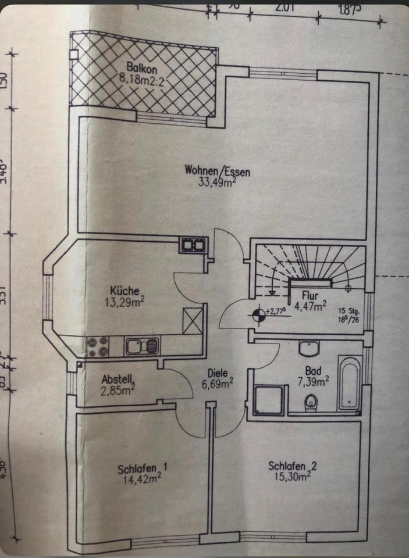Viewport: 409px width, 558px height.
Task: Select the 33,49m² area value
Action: pyautogui.click(x=211, y=181)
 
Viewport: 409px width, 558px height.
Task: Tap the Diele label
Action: pyautogui.click(x=219, y=374)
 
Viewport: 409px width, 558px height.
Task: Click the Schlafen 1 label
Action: pyautogui.click(x=142, y=468)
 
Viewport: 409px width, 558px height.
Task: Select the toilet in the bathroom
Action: pyautogui.click(x=312, y=401)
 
